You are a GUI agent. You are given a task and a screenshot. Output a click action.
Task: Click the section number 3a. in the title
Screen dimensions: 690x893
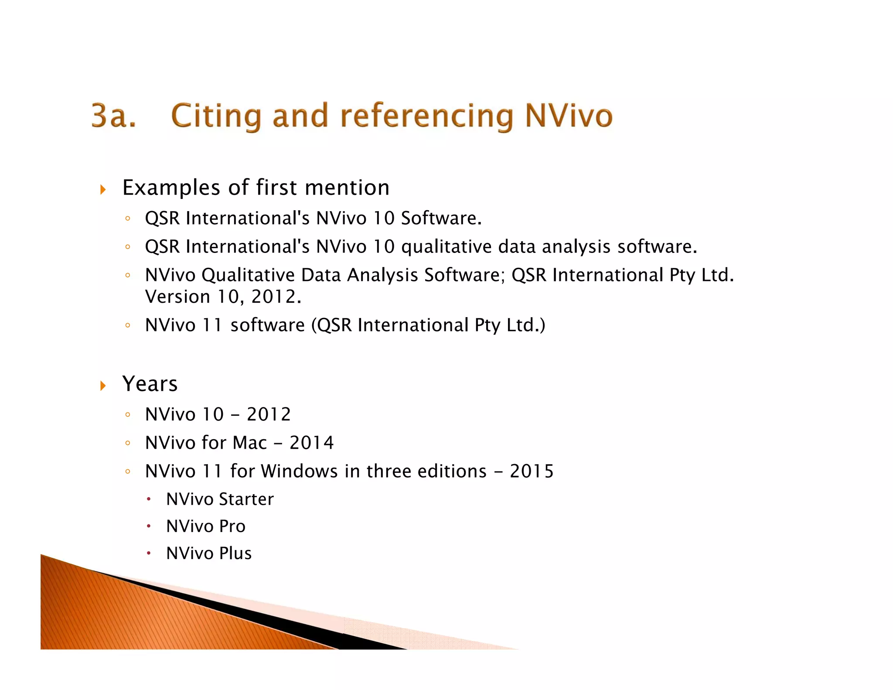[x=114, y=116]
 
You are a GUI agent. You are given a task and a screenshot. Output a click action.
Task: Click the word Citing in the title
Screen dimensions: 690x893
[x=216, y=116]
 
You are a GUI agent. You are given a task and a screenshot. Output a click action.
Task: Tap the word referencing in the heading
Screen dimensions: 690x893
[x=427, y=116]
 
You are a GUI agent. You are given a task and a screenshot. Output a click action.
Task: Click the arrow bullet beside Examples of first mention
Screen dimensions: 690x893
[x=103, y=189]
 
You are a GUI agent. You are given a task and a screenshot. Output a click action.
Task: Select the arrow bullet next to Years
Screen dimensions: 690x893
[x=103, y=386]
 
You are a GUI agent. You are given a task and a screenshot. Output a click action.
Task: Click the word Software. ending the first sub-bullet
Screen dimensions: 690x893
[x=441, y=218]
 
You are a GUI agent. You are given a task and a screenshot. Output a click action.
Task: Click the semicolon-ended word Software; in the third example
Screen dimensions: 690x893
[x=464, y=275]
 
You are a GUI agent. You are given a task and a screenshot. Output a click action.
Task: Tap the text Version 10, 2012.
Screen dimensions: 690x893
[x=223, y=297]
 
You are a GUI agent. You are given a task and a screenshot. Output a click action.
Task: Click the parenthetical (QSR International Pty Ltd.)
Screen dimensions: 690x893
[x=428, y=325]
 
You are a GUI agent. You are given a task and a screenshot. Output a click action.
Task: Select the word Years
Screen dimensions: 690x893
[x=150, y=384]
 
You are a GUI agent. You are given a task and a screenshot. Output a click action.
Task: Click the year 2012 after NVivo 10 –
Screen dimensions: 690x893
[x=269, y=414]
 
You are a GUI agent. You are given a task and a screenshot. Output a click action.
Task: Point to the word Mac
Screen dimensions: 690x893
[x=249, y=443]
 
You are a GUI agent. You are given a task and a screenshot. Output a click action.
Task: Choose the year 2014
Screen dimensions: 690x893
[x=312, y=443]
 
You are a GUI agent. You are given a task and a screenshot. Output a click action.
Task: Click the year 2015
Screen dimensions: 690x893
[x=532, y=471]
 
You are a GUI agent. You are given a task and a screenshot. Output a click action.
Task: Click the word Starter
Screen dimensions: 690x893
[x=246, y=499]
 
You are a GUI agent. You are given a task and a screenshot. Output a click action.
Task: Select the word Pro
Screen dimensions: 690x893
[x=232, y=526]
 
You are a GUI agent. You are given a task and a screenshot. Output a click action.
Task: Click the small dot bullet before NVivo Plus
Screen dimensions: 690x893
[x=149, y=553]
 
